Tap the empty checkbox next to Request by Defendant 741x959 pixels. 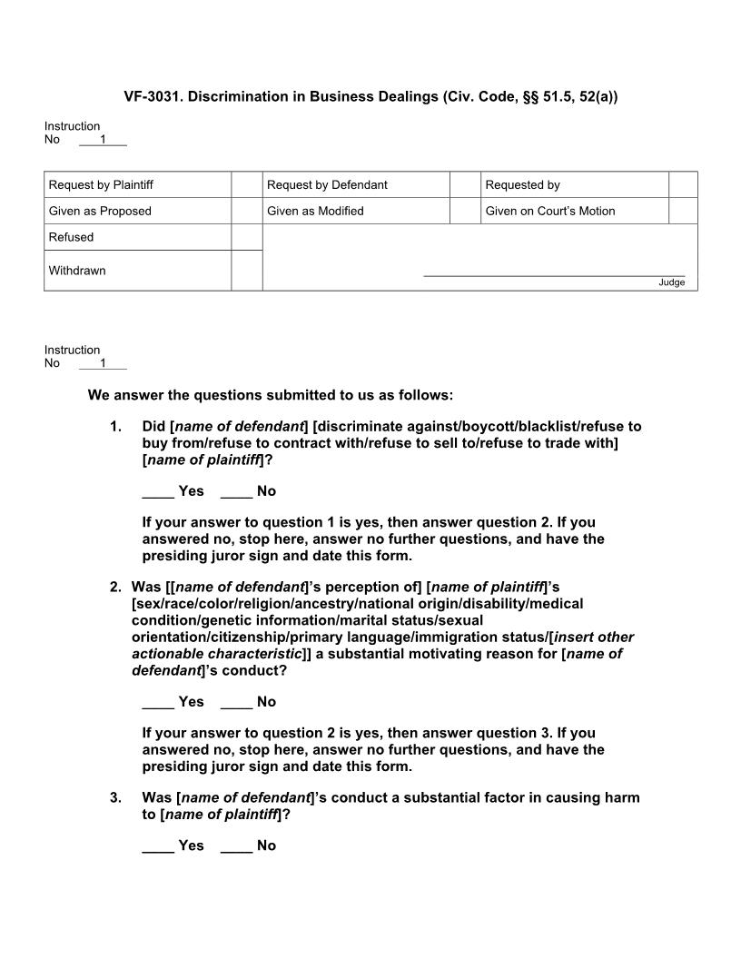tap(464, 184)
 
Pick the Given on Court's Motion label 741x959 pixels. tap(549, 211)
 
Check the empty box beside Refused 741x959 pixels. tap(246, 237)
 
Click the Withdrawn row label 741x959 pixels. tap(77, 271)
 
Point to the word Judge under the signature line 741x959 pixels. tap(671, 282)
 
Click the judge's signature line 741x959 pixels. tap(554, 274)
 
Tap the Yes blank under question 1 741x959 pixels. tap(158, 492)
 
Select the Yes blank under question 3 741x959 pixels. tap(158, 846)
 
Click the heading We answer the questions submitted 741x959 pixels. tap(270, 395)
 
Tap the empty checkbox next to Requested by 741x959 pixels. tap(683, 184)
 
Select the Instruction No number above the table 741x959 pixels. tap(103, 140)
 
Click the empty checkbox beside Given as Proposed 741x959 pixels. tap(246, 211)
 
